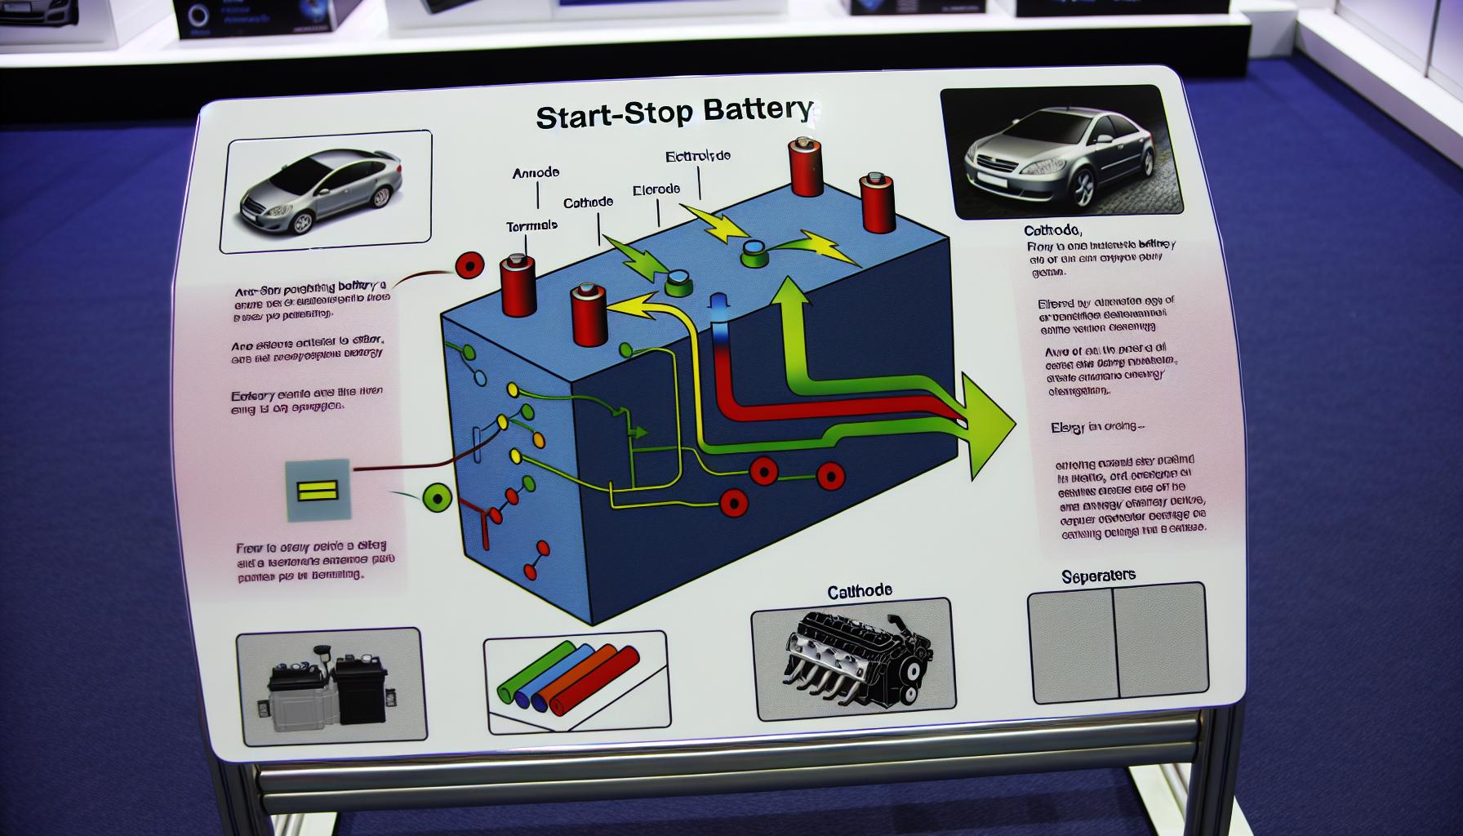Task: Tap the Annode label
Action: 536,173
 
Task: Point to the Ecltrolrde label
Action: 697,156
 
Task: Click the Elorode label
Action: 656,189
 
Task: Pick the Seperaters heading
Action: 1098,576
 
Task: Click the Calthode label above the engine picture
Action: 859,589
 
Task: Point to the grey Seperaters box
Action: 1116,643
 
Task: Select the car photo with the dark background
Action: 1061,153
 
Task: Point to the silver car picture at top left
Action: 328,190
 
